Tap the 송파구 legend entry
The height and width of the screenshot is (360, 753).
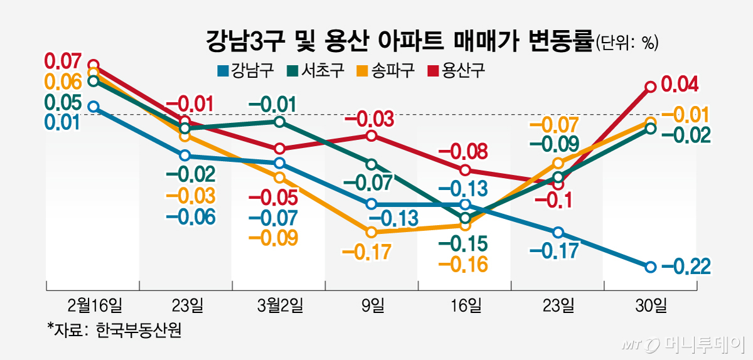pos(387,70)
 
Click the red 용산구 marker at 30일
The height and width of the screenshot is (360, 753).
pos(651,87)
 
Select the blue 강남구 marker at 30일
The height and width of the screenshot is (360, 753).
pos(651,267)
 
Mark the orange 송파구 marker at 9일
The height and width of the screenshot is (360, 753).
pos(371,232)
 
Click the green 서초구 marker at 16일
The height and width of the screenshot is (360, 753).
pos(465,218)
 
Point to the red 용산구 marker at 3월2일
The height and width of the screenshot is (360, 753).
pos(280,149)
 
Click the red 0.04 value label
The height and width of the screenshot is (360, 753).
pos(680,83)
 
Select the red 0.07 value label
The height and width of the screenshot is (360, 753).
pos(62,61)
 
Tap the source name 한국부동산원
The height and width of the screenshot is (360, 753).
pos(139,331)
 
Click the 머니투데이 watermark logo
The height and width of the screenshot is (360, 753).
pos(684,344)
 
